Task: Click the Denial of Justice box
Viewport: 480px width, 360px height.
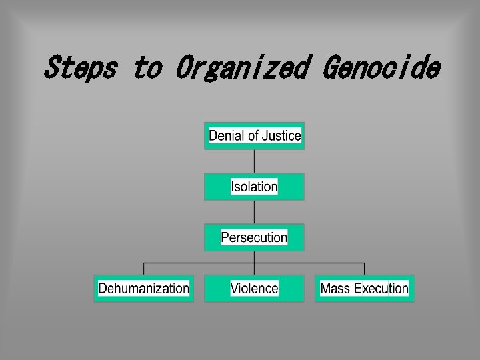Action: [254, 136]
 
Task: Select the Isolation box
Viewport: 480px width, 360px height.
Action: [254, 187]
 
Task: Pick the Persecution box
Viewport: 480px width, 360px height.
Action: [254, 237]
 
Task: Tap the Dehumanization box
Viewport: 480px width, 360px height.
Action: [143, 289]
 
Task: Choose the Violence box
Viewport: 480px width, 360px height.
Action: [254, 289]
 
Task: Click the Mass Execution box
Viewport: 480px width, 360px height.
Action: [364, 289]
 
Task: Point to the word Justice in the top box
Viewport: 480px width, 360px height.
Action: [281, 136]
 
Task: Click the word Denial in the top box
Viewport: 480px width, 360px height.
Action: [224, 136]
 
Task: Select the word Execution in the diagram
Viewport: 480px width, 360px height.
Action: [381, 289]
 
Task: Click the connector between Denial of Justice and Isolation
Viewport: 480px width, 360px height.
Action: [254, 161]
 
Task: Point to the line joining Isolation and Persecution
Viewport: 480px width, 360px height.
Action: [254, 212]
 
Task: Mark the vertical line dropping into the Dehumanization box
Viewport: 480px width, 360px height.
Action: [143, 269]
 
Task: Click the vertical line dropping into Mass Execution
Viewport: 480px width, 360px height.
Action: [364, 269]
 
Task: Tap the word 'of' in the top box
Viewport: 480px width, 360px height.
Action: [252, 136]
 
